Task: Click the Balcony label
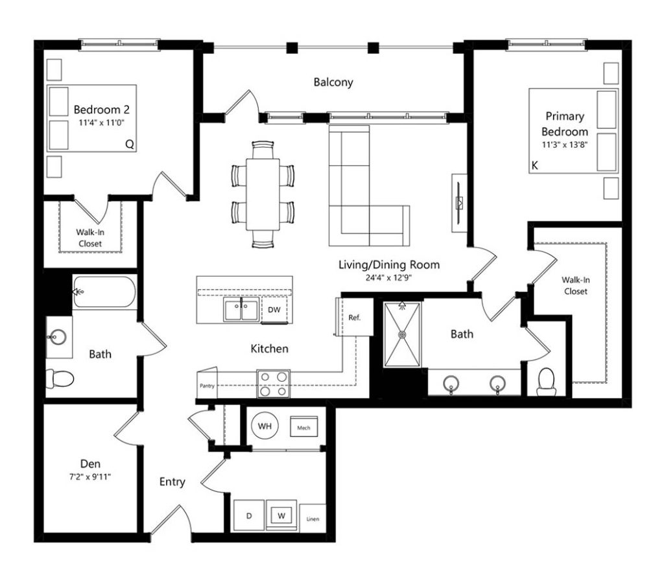pos(333,82)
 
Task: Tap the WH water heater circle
pos(265,426)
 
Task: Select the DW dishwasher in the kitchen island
pos(274,310)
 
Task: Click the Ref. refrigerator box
pos(355,317)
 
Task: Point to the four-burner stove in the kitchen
pos(273,384)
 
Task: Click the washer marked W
pos(281,515)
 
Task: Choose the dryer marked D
pos(249,515)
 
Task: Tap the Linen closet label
pos(313,519)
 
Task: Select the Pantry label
pos(207,386)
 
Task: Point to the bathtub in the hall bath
pos(104,292)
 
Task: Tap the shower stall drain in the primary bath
pos(402,335)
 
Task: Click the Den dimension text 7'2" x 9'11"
pos(90,476)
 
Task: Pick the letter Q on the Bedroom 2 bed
pos(130,145)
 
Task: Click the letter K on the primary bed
pos(534,165)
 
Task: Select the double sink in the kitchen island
pos(241,309)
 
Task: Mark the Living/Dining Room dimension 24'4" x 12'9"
pos(389,277)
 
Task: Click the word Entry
pos(172,482)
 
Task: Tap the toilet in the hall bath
pos(60,378)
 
